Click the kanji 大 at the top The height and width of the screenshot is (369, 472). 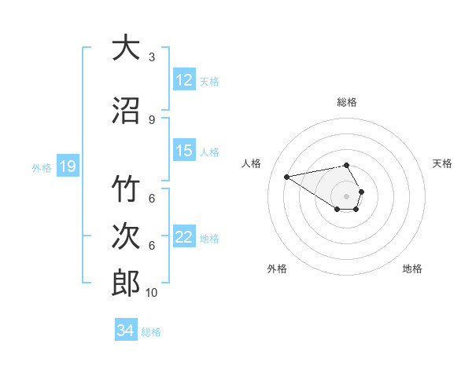127,48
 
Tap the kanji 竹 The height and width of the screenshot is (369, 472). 127,190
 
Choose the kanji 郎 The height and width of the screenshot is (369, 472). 127,282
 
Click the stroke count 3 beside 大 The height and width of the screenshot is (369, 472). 152,57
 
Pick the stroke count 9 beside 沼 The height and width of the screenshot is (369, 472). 152,119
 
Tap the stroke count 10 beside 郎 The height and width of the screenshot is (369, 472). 152,292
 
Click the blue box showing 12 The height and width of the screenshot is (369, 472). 184,80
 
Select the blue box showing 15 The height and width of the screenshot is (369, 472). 184,151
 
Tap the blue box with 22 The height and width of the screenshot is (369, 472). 184,237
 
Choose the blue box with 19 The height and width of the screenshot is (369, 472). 68,166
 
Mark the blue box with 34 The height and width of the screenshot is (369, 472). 126,331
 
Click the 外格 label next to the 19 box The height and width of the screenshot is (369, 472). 42,167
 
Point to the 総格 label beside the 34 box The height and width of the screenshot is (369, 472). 152,331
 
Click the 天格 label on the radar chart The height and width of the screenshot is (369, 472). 442,163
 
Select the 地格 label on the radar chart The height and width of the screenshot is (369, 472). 412,269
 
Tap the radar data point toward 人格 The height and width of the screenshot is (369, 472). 286,176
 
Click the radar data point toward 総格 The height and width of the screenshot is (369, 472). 347,165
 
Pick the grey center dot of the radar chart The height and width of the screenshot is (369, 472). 347,196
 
